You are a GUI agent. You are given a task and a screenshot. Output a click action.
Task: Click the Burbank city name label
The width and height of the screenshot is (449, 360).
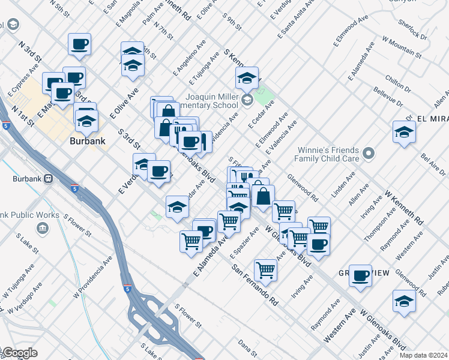pos(87,142)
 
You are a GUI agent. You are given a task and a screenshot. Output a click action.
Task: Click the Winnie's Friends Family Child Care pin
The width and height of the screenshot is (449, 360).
pos(369,154)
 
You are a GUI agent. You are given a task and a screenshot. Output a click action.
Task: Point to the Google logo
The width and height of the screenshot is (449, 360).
pos(19,353)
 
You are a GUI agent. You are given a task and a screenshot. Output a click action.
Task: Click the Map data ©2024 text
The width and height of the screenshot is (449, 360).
pos(422,355)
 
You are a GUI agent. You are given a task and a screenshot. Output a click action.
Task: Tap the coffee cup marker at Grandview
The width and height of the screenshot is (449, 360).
pos(360,275)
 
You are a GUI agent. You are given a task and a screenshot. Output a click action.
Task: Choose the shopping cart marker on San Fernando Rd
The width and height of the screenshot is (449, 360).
pos(265,269)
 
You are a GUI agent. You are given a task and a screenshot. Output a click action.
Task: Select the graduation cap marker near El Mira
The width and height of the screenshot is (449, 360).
pos(404,133)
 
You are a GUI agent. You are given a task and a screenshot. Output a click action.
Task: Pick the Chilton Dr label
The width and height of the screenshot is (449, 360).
pos(398,85)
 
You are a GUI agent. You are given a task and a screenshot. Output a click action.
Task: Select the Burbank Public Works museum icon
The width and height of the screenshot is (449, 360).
pos(42,227)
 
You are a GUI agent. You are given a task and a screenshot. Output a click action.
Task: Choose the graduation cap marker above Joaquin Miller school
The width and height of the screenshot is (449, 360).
pos(246,78)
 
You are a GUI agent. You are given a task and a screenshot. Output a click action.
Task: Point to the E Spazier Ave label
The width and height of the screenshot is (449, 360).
pos(244,237)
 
